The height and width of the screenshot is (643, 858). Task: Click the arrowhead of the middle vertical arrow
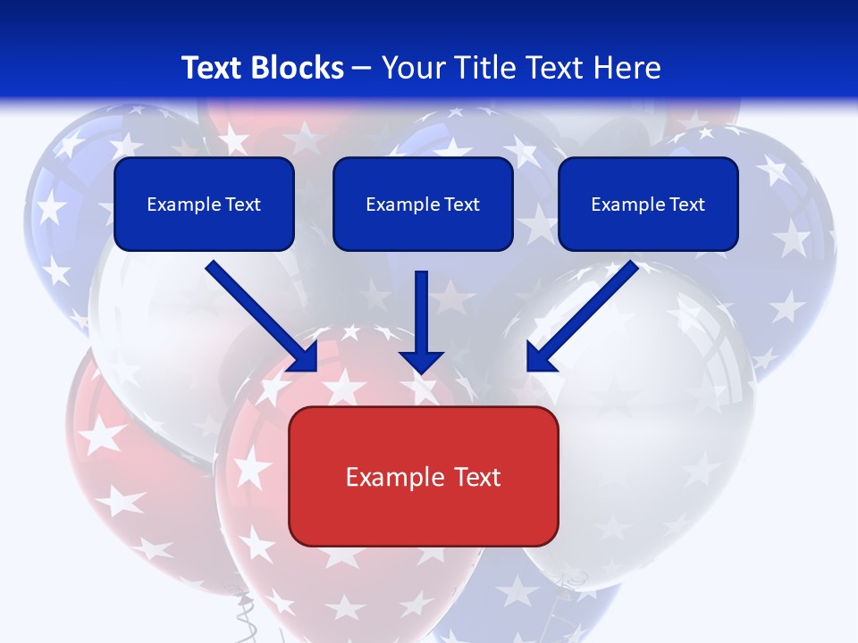click(x=422, y=361)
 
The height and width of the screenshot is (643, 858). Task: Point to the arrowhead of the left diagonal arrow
click(x=304, y=357)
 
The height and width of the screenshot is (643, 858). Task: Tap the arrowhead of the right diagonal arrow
click(x=541, y=357)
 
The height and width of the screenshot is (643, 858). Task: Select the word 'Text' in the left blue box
click(x=243, y=205)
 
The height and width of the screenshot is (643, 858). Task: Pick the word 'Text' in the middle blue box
click(x=462, y=205)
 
